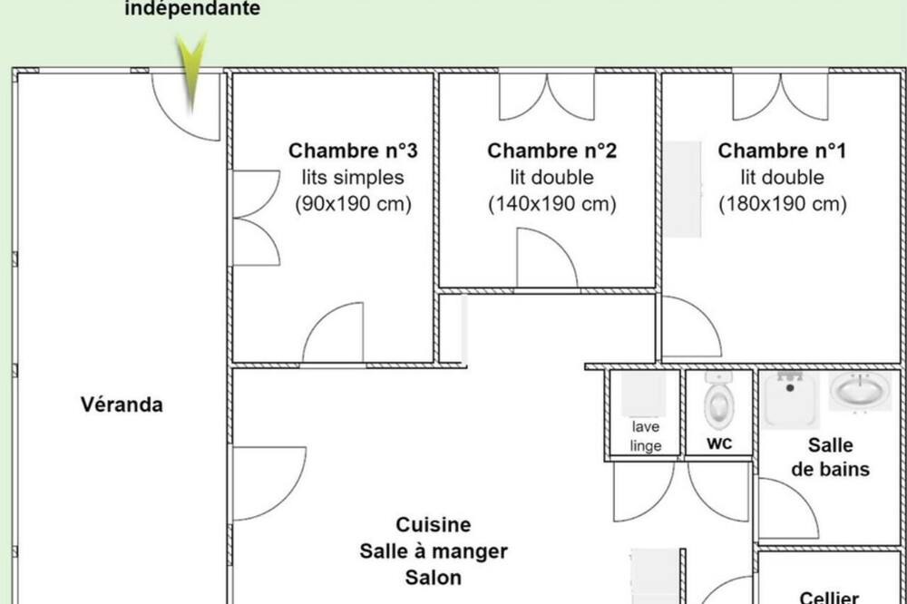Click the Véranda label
[x=122, y=404]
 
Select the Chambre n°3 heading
[x=353, y=151]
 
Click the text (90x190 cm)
[x=353, y=204]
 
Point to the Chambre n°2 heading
[x=551, y=151]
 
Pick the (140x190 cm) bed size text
[x=551, y=204]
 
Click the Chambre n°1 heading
[x=782, y=151]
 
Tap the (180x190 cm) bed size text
[x=782, y=204]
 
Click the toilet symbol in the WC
[x=719, y=400]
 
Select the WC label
[x=719, y=443]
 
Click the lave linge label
[x=646, y=436]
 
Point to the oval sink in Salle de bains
[x=860, y=391]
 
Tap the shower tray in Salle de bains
[x=790, y=399]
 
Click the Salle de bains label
[x=830, y=457]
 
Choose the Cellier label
[x=829, y=597]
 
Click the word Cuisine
[x=434, y=525]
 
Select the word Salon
[x=434, y=578]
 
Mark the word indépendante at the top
[x=192, y=9]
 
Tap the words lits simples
[x=353, y=177]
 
